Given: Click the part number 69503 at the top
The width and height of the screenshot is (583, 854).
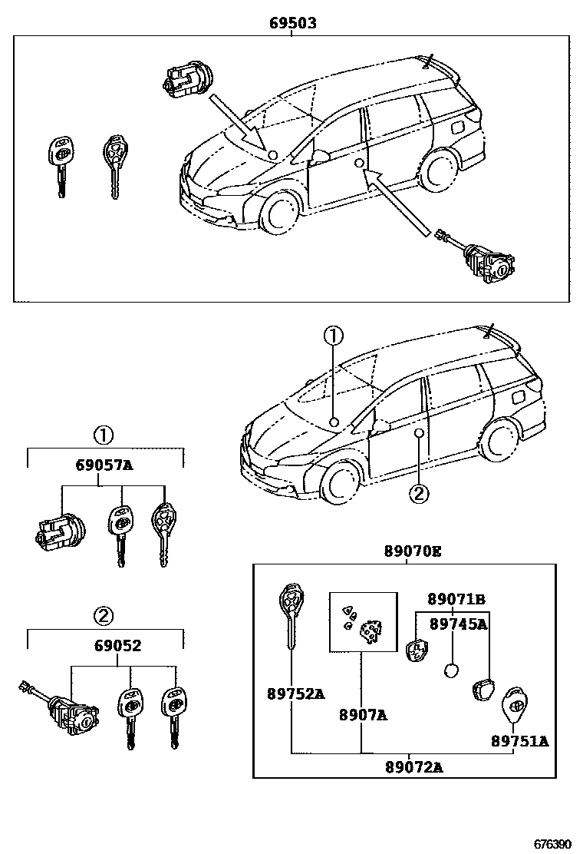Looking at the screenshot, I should pos(292,24).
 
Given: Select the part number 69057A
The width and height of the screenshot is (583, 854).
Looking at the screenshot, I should pos(104,465).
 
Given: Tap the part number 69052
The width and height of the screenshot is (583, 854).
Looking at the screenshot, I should pos(107,646).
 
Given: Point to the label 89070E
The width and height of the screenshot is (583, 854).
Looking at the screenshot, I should pos(413,551).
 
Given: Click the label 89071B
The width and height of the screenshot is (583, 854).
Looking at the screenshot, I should pos(456,599).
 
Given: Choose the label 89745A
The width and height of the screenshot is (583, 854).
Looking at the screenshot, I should pos(458,624).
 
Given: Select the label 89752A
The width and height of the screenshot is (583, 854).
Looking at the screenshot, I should pos(295,693).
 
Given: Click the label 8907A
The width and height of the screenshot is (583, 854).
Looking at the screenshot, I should pos(363,715).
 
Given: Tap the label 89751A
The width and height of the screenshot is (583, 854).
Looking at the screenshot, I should pos(520,741).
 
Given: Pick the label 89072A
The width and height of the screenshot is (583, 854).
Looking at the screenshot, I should pos(413,766).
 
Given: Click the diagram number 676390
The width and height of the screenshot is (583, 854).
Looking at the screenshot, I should pos(553,843).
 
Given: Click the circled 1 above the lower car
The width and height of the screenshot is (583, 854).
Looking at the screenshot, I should pos(332,336).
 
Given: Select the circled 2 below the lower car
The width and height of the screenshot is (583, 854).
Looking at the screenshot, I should pos(417,493).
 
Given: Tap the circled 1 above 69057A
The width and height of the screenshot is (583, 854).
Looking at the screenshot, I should pos(104,435).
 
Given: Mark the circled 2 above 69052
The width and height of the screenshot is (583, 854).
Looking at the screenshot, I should pos(104,615).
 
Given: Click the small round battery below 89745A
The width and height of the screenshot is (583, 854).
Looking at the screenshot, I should pos(452,670).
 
